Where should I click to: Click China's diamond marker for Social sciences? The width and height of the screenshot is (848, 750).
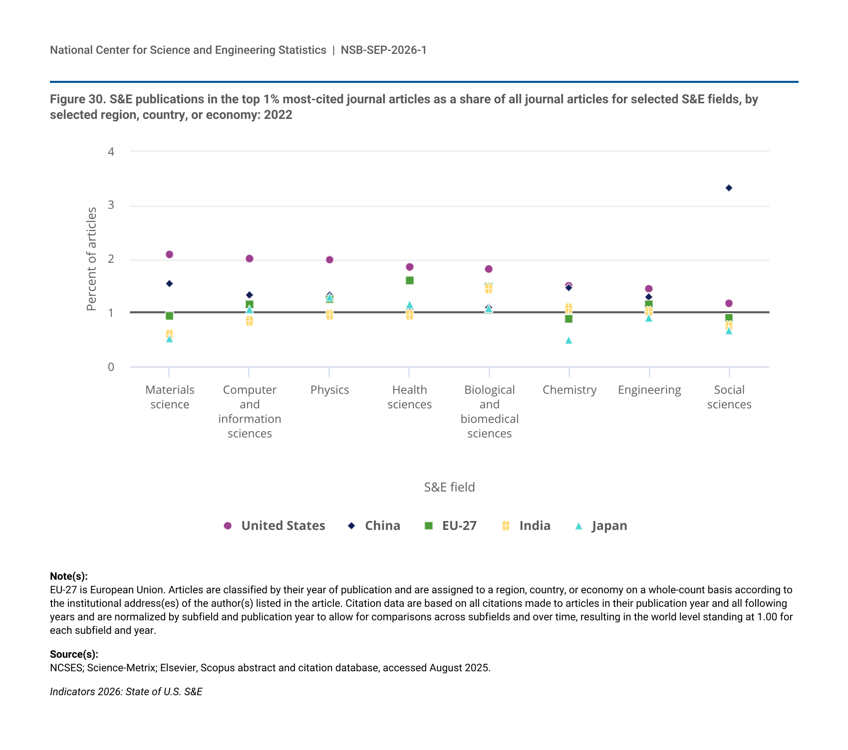pos(729,188)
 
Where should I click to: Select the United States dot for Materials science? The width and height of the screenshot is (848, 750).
pos(169,254)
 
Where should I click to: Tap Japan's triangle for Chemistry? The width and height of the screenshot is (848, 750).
pos(568,340)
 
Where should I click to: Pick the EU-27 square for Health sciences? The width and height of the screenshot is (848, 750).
pos(410,280)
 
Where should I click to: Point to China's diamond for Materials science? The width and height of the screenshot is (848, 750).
pos(169,283)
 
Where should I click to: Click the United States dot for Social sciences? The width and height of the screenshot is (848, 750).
pos(729,303)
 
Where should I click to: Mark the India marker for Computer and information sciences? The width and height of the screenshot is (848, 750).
pos(250,321)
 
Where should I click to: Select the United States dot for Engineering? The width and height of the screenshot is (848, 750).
pos(649,289)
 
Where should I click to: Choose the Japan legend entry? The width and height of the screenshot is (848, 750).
pos(601,526)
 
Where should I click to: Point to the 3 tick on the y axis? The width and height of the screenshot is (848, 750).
pos(111,205)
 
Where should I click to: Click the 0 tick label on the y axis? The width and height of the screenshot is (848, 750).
pos(111,367)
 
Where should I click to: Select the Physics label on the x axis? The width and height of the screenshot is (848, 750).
pos(330,390)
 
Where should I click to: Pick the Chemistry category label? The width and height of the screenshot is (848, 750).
pos(569,390)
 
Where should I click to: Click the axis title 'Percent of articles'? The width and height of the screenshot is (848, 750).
pos(91,259)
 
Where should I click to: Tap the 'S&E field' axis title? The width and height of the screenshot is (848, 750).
pos(450,487)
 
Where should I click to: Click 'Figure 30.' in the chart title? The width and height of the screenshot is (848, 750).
pos(78,99)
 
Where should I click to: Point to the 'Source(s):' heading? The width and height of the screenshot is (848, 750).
pos(74,654)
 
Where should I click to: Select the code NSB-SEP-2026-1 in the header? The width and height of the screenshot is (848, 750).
pos(384,50)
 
